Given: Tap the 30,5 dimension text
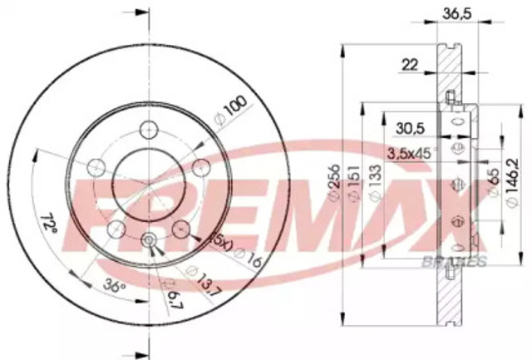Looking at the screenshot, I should (x=408, y=128).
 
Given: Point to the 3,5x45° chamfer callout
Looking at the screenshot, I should (x=412, y=152).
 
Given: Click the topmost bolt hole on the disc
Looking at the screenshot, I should (x=149, y=130).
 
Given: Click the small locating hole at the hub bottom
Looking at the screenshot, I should (x=149, y=241).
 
